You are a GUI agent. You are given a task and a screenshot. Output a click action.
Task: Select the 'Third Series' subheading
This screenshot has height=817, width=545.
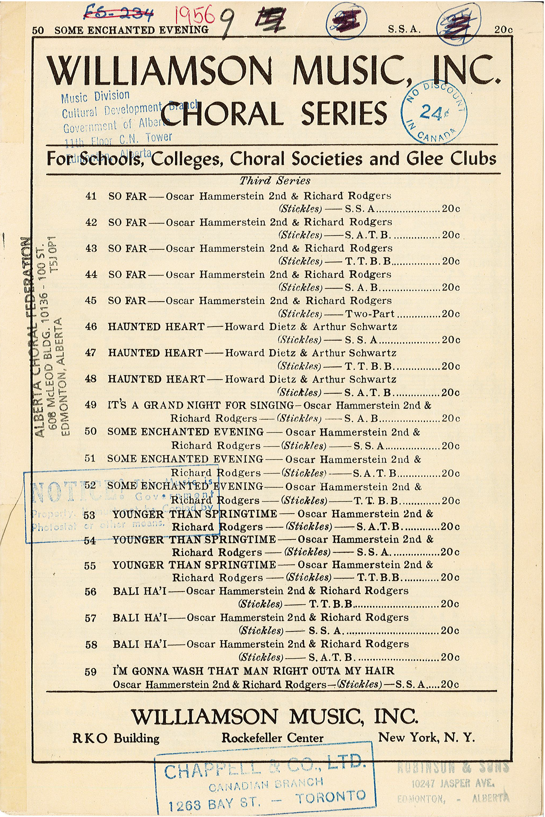pyautogui.click(x=275, y=181)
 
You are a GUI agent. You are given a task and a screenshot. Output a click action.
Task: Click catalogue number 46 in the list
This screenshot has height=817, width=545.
pyautogui.click(x=91, y=327)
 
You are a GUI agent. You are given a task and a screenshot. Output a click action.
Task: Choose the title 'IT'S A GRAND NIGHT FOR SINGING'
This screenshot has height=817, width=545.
pyautogui.click(x=201, y=405)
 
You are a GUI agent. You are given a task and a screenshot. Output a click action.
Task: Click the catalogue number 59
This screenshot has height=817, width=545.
pyautogui.click(x=91, y=672)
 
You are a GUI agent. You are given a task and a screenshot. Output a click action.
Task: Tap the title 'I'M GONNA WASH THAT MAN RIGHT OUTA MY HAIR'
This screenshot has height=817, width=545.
pyautogui.click(x=253, y=671)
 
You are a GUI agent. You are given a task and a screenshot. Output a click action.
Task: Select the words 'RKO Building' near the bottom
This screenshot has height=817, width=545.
pyautogui.click(x=116, y=738)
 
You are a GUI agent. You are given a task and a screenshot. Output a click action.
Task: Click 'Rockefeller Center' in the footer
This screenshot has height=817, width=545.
pyautogui.click(x=272, y=738)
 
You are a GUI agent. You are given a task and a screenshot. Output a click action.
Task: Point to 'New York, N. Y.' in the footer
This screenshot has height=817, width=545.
pyautogui.click(x=427, y=737)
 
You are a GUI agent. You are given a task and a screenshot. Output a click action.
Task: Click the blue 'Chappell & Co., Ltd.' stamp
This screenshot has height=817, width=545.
pyautogui.click(x=265, y=783)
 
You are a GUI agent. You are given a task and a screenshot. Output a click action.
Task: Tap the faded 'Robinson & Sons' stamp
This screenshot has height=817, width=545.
pyautogui.click(x=453, y=783)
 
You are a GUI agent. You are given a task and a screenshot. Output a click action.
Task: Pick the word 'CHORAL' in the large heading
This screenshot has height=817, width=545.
pyautogui.click(x=224, y=114)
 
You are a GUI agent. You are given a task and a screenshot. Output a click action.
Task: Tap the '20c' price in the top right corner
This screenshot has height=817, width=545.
pyautogui.click(x=503, y=30)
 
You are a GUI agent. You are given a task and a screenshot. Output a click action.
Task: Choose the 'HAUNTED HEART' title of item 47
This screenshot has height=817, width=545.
pyautogui.click(x=155, y=353)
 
